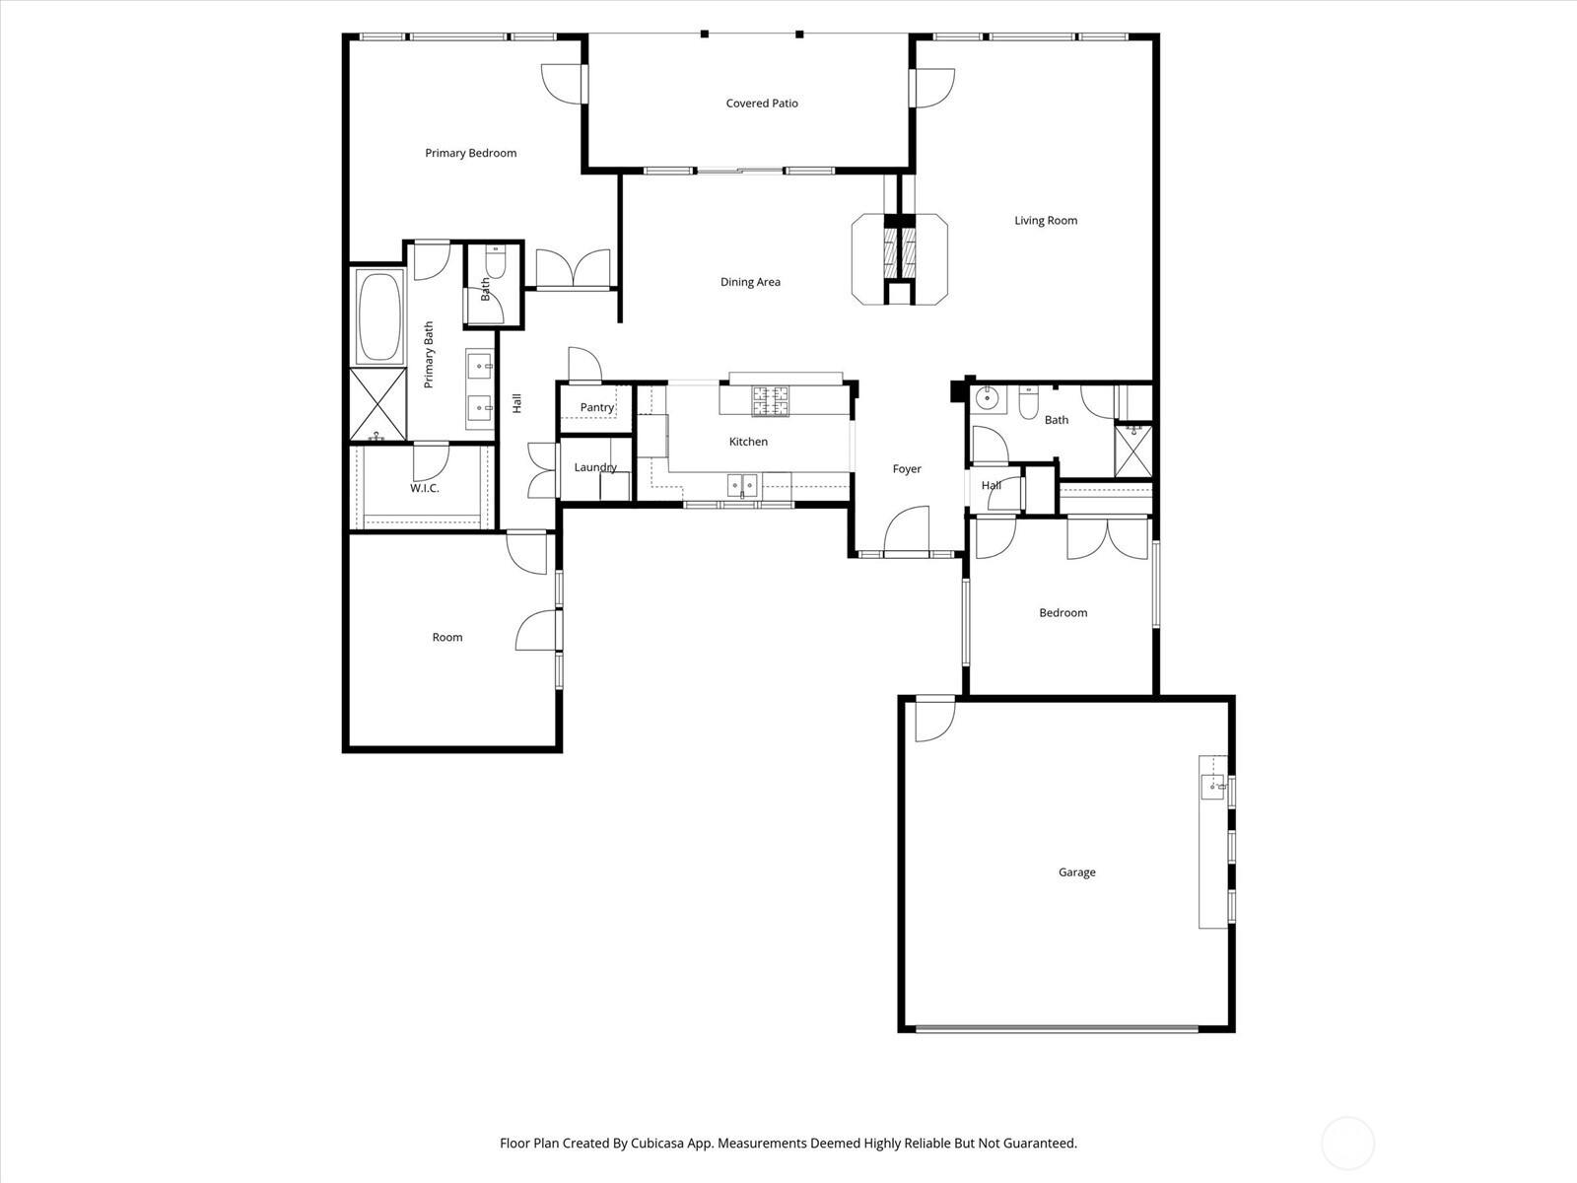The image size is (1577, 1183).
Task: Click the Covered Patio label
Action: [x=761, y=104]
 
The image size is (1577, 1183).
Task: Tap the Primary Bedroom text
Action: [x=470, y=153]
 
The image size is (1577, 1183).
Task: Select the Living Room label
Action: [x=1046, y=221]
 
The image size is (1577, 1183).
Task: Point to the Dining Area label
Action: [x=750, y=282]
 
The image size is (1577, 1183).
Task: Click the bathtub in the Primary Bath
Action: [x=379, y=317]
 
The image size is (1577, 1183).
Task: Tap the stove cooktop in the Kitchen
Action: [x=771, y=400]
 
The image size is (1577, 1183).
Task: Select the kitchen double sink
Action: [x=742, y=484]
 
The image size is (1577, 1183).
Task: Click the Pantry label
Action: [x=596, y=407]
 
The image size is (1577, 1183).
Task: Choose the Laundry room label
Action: [x=595, y=467]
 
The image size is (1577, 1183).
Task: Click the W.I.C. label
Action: [x=424, y=488]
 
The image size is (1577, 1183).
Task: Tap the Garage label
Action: [x=1076, y=872]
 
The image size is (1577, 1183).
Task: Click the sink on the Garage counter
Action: [x=1212, y=786]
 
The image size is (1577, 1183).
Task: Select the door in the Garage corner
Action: [x=934, y=719]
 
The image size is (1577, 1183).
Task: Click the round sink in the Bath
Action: [x=986, y=398]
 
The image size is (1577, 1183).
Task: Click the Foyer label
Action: [x=907, y=469]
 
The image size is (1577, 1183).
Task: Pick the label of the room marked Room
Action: [x=446, y=638]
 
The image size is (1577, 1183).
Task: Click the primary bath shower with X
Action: [x=377, y=404]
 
